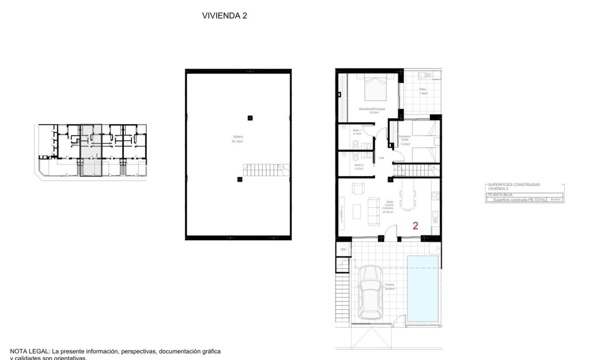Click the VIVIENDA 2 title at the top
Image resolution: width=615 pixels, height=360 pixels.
(224, 15)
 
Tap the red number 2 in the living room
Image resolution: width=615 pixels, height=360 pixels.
(416, 226)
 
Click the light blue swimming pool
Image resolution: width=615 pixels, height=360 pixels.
(423, 288)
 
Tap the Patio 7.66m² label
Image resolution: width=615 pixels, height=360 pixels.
(423, 91)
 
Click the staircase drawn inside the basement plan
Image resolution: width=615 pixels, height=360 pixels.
(265, 170)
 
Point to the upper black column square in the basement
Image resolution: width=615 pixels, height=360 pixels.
(250, 118)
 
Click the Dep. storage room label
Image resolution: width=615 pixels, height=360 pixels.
(343, 249)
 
